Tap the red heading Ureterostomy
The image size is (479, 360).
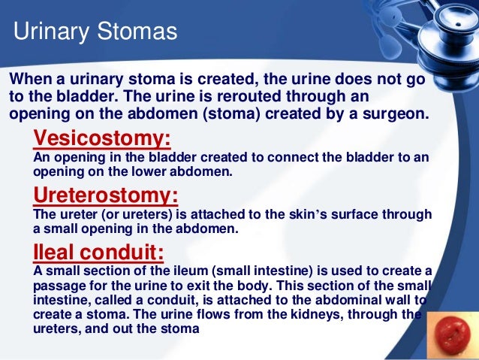[106, 196]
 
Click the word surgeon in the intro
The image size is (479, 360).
[398, 115]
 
